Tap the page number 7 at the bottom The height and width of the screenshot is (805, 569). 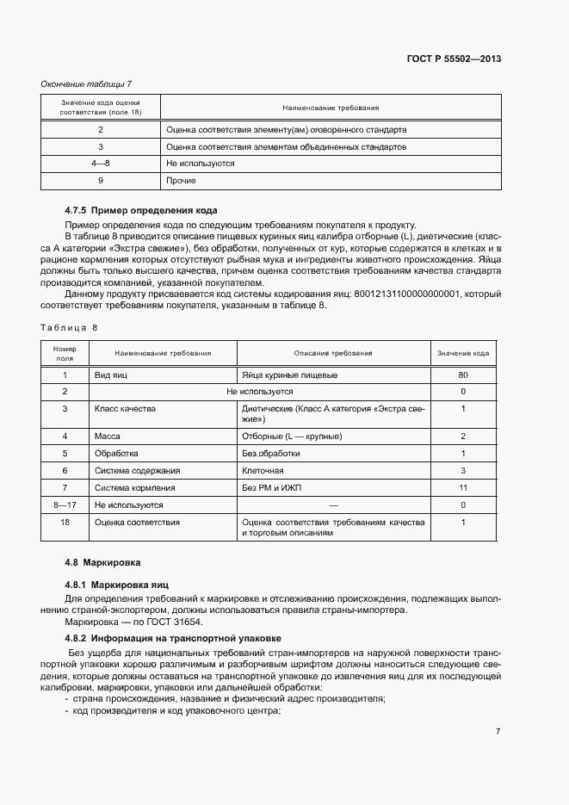tap(498, 731)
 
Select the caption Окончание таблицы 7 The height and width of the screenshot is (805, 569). tap(86, 84)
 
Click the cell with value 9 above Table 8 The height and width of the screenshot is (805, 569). tap(101, 181)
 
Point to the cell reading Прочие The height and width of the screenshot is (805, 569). tap(182, 181)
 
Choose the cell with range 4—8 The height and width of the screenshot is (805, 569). tap(101, 164)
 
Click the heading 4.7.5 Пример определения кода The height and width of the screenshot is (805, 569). tap(140, 210)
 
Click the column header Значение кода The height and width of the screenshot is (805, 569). tap(463, 354)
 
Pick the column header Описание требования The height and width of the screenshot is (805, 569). tap(333, 354)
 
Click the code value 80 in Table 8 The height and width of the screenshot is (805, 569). tap(463, 375)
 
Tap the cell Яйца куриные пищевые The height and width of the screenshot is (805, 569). tap(289, 375)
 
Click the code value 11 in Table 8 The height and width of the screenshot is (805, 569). tap(463, 488)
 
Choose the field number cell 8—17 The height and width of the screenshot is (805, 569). tap(65, 505)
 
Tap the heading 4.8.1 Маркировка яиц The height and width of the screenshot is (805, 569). tap(112, 585)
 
